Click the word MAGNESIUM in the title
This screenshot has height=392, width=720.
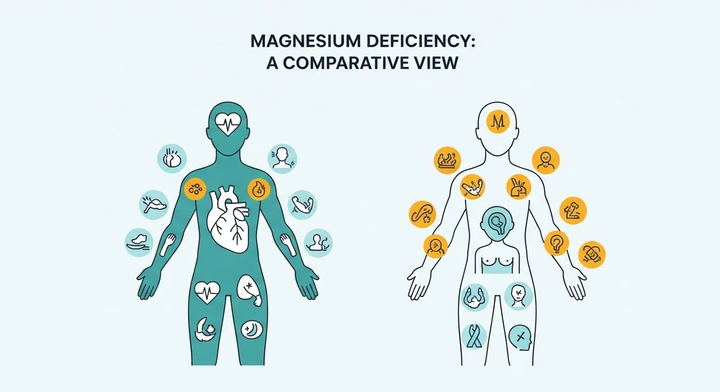coord(305,42)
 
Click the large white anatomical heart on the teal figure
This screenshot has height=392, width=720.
coord(228,220)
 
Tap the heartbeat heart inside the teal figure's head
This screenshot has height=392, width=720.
coord(228,124)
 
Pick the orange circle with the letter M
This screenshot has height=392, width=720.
coord(498,122)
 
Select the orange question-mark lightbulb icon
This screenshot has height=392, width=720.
coord(556,243)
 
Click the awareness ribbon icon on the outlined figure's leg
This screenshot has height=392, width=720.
coord(474,336)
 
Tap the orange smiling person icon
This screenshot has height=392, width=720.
coord(546,161)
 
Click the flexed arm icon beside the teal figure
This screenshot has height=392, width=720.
coord(302,205)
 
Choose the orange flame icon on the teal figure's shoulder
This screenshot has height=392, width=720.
coord(259,189)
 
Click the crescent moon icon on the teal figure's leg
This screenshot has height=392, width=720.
coord(251,330)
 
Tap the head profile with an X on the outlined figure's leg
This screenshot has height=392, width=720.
coord(520,338)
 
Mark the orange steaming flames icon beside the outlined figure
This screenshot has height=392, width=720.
coord(447,161)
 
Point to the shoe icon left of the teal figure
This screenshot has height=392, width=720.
coord(139,243)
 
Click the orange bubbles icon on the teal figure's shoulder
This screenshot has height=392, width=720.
coord(195,189)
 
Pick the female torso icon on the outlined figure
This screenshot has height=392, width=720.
coord(497,259)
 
